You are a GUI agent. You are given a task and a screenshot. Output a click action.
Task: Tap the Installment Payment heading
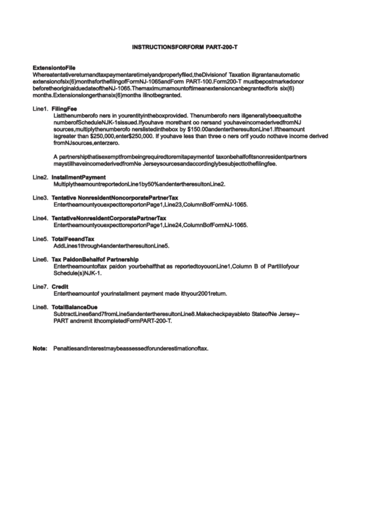point(79,177)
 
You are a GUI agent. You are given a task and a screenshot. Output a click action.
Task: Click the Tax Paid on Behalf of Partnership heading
point(100,259)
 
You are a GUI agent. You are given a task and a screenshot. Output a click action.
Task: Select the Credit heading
point(60,287)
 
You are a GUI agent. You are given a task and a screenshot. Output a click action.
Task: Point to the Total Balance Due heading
point(75,307)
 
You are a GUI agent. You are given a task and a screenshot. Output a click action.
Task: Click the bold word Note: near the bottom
point(40,348)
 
